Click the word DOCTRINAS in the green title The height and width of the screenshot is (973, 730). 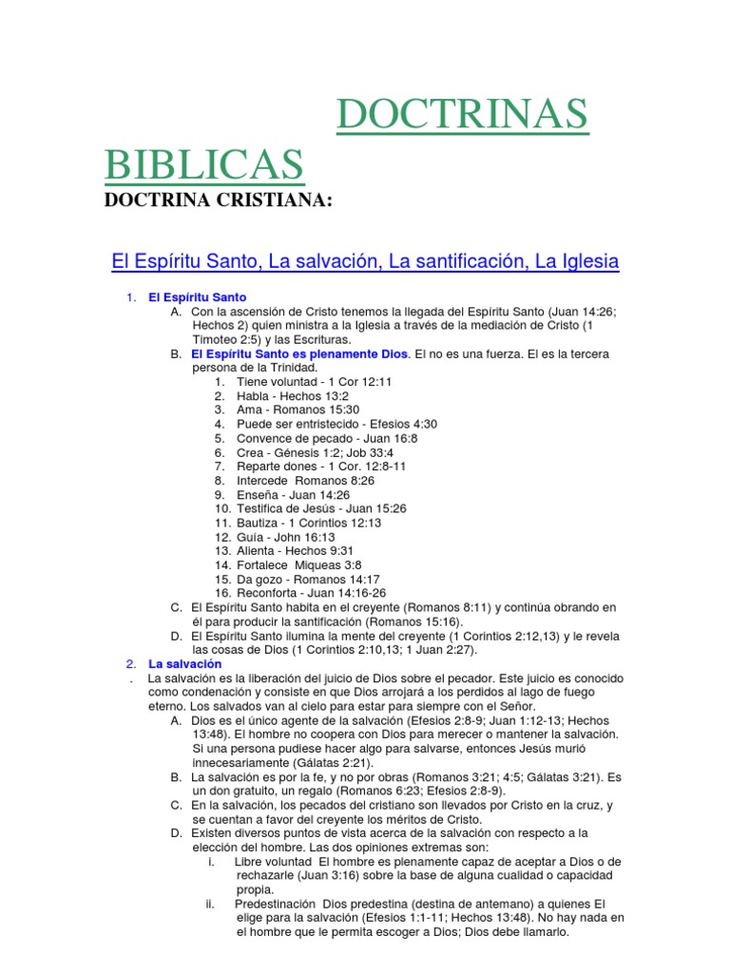tap(462, 116)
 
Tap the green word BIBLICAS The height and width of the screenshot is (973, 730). tap(204, 163)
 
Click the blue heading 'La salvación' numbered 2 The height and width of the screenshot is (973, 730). tap(184, 663)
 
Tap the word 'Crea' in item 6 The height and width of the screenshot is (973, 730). tap(249, 452)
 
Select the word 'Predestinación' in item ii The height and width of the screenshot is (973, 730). tap(278, 904)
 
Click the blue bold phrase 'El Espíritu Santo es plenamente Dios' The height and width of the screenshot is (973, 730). tap(299, 353)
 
